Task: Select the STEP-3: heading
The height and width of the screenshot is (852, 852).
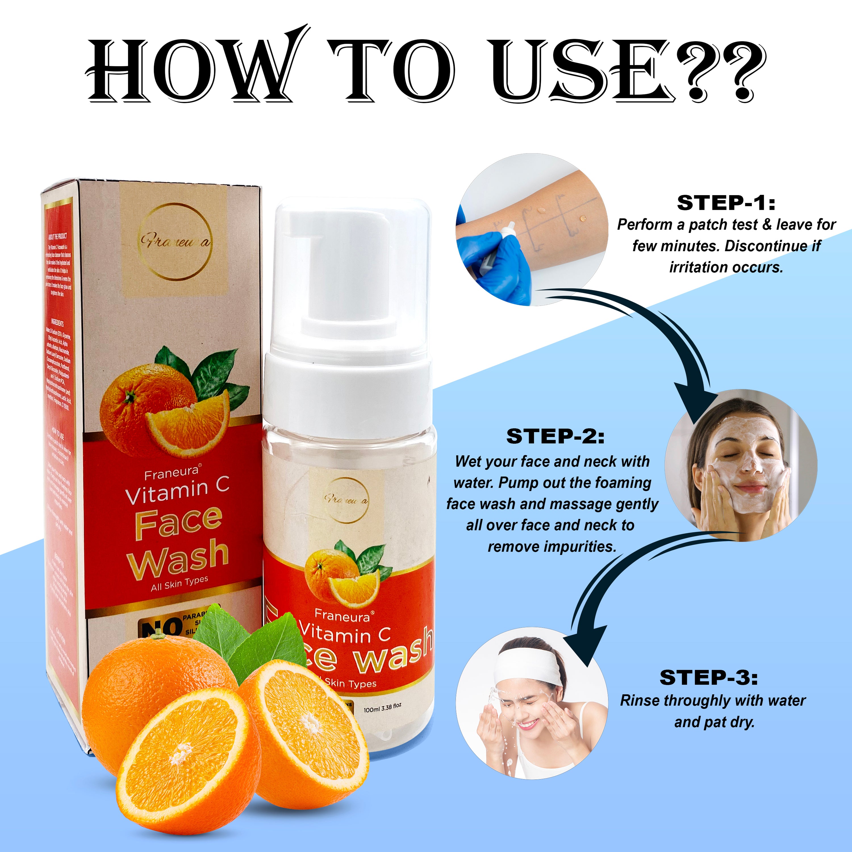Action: pos(709,677)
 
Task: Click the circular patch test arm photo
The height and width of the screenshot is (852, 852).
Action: pos(531,229)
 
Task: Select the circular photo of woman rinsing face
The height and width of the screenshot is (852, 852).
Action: pos(531,703)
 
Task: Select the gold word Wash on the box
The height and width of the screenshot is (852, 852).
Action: pos(179,557)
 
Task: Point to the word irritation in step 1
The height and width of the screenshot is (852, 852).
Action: pos(699,267)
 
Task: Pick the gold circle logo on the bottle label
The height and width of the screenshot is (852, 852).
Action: pos(346,500)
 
